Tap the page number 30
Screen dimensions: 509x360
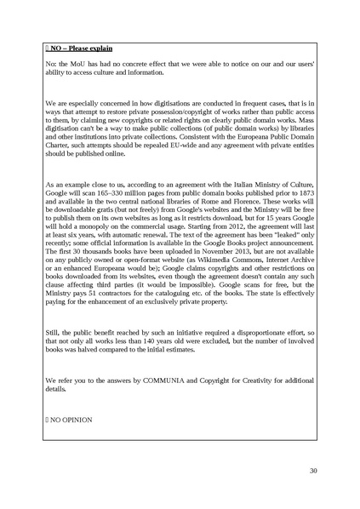point(313,471)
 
